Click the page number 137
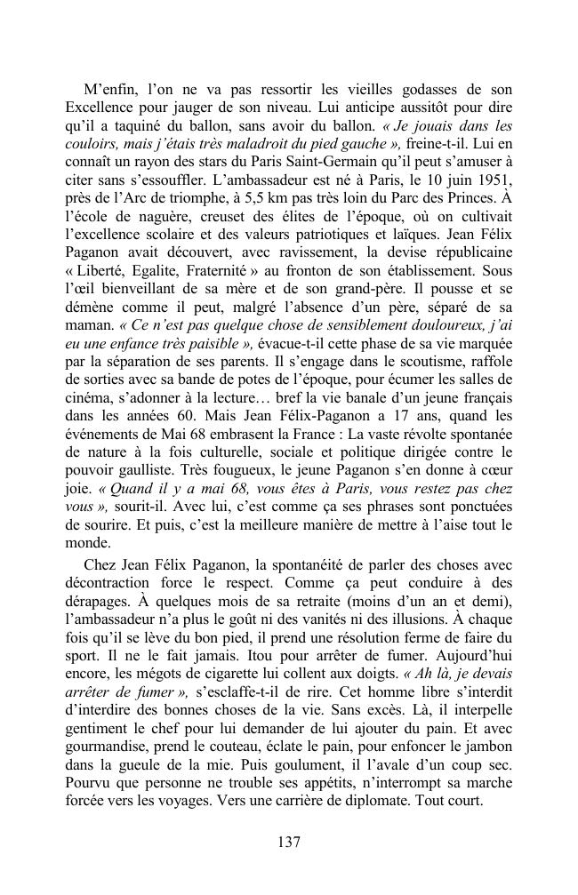[x=288, y=843]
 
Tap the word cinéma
[x=90, y=425]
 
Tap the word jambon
[x=488, y=750]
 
